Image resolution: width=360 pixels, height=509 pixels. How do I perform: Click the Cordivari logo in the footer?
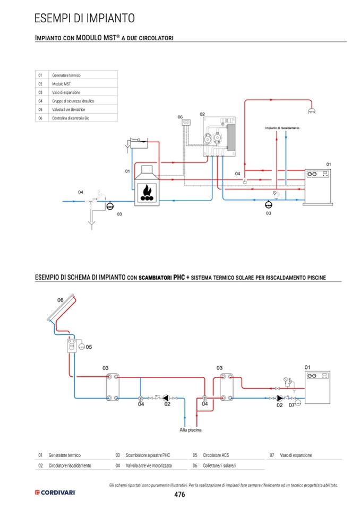(x=55, y=493)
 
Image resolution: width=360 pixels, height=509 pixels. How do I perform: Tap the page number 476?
(x=179, y=494)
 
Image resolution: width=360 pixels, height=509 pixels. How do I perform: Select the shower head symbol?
(x=312, y=111)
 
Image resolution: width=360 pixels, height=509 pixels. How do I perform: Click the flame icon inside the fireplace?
(x=148, y=192)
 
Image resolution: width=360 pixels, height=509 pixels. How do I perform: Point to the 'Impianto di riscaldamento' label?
(x=282, y=128)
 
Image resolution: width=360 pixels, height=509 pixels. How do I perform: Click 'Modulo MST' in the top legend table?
(x=62, y=84)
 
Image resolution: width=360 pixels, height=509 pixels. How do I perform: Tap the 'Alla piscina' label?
(x=191, y=430)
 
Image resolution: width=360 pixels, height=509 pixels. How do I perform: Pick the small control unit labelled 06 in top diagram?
(x=186, y=123)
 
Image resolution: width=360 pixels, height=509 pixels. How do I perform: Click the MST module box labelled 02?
(x=219, y=136)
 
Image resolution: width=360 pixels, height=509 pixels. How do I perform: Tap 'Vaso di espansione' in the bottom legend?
(x=296, y=455)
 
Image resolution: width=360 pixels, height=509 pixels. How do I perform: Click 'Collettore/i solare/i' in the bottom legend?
(x=219, y=465)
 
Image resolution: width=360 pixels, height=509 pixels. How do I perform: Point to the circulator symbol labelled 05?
(x=81, y=347)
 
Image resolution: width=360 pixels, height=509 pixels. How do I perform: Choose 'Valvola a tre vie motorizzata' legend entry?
(x=149, y=465)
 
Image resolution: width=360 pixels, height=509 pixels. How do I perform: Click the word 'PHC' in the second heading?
(x=179, y=277)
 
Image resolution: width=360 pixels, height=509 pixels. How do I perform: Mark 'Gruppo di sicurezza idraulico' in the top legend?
(x=73, y=101)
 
